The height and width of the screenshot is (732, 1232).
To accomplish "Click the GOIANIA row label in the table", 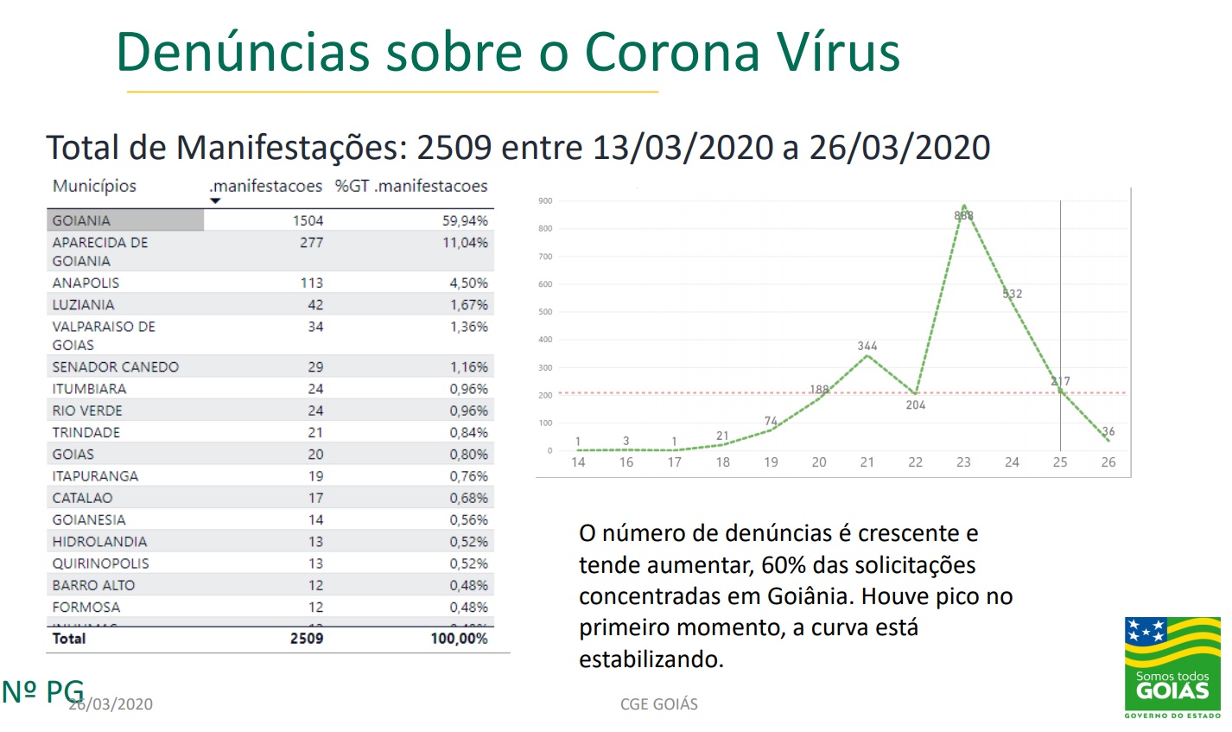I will click(81, 220).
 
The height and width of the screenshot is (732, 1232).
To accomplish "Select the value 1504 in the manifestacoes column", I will click(308, 220).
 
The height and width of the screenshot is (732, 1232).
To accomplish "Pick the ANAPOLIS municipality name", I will click(86, 283).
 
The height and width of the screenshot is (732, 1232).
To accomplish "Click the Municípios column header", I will click(94, 186).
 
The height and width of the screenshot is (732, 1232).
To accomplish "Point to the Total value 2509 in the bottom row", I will click(307, 639).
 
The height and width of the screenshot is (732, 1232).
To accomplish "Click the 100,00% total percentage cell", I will click(459, 639).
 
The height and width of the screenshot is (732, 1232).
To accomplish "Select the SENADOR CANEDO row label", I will click(115, 367).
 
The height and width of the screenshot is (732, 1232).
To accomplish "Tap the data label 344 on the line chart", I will click(867, 346).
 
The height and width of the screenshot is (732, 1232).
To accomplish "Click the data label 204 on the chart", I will click(916, 404).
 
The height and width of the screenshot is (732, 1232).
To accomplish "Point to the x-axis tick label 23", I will click(963, 462).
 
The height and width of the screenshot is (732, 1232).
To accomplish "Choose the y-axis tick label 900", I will click(545, 201).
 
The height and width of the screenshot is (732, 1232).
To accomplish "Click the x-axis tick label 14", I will click(578, 462).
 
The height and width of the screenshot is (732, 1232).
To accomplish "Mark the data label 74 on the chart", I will click(771, 421).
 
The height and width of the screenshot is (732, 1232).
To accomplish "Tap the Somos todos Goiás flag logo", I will click(1172, 666).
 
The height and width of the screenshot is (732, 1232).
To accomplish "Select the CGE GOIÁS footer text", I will click(659, 704).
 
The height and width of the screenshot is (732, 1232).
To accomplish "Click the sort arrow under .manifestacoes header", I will click(215, 201).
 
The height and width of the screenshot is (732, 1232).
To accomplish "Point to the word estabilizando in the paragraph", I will click(651, 659).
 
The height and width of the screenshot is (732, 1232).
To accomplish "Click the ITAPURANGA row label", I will click(95, 476).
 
